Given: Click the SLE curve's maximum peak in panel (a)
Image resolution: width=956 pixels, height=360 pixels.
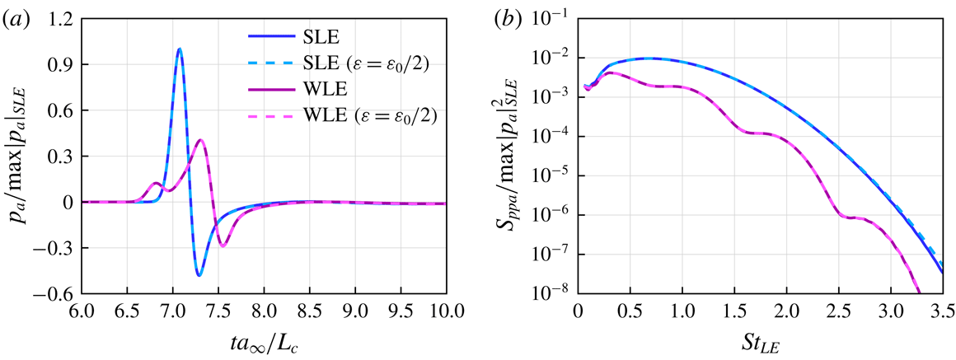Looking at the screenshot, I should click(x=179, y=49).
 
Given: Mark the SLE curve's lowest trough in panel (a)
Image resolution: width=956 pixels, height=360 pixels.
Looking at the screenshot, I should click(x=199, y=275).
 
